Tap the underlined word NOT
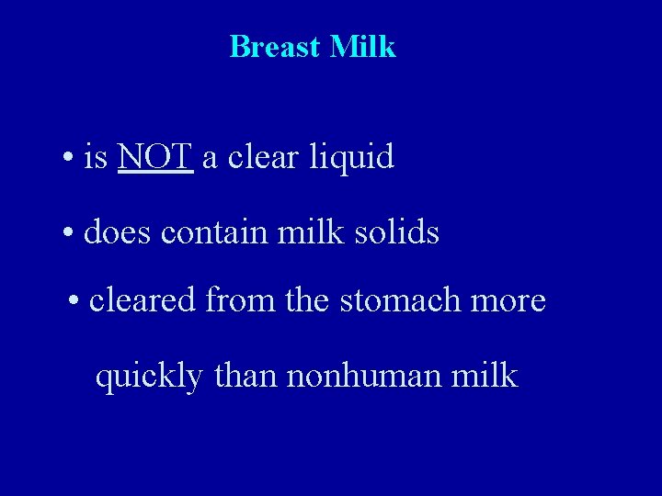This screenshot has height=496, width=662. coord(155,157)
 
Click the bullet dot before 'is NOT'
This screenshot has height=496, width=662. coord(70,159)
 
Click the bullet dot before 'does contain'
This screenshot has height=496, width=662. coord(70,233)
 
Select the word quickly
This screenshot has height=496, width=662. coord(148,377)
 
